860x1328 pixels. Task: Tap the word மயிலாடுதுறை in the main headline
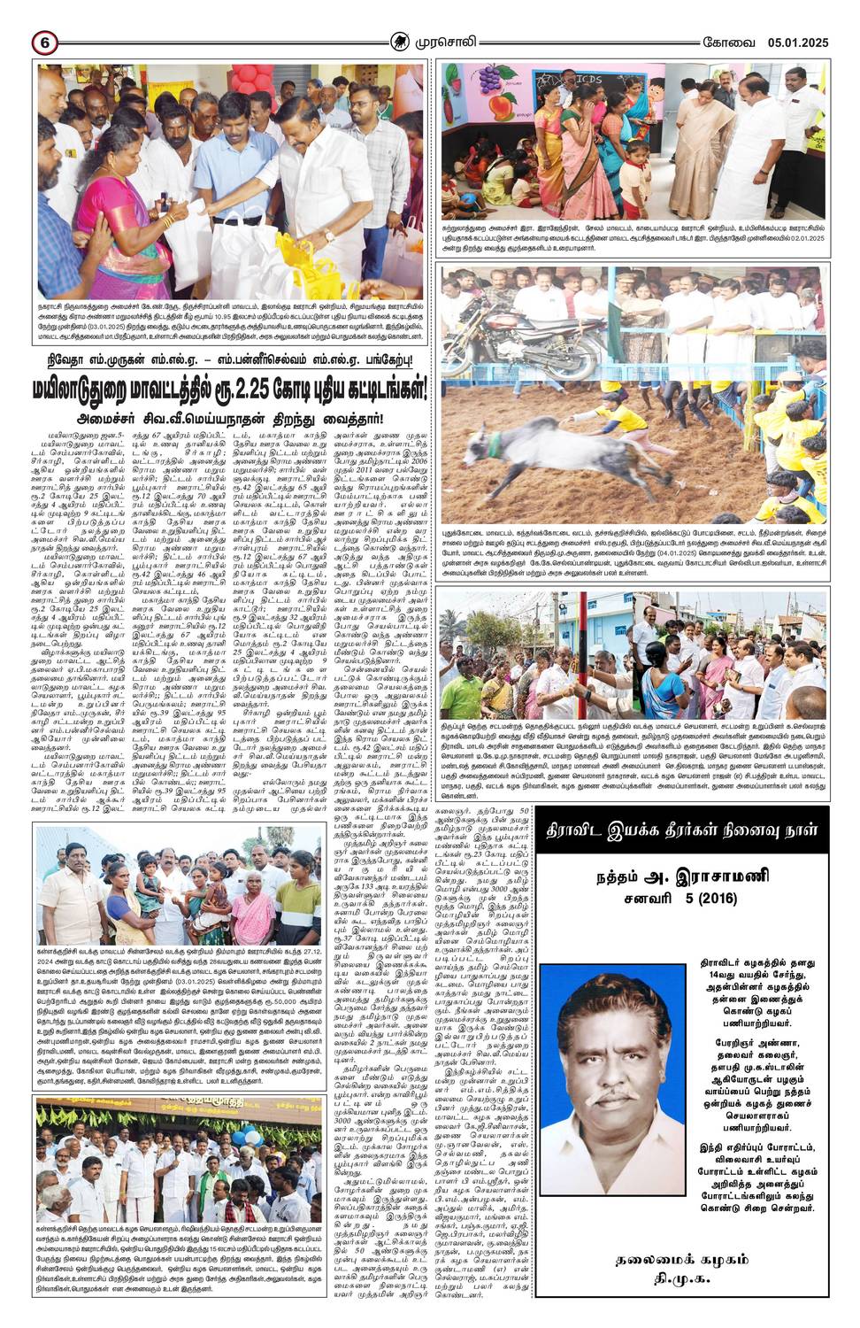83,387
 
